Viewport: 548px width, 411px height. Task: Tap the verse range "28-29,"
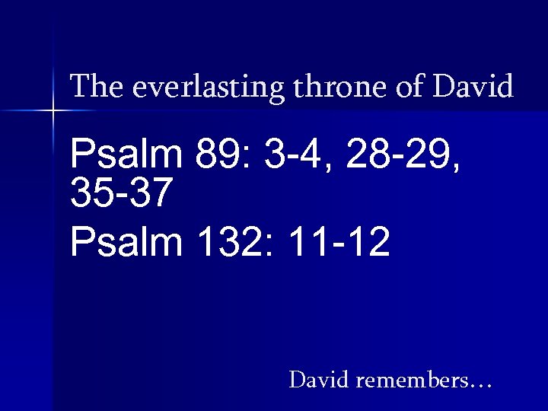(403, 156)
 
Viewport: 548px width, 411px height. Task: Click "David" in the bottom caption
(319, 378)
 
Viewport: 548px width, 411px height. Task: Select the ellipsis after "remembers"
(481, 384)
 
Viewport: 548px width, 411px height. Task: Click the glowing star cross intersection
(53, 112)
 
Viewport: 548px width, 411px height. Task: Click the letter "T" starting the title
(78, 86)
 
